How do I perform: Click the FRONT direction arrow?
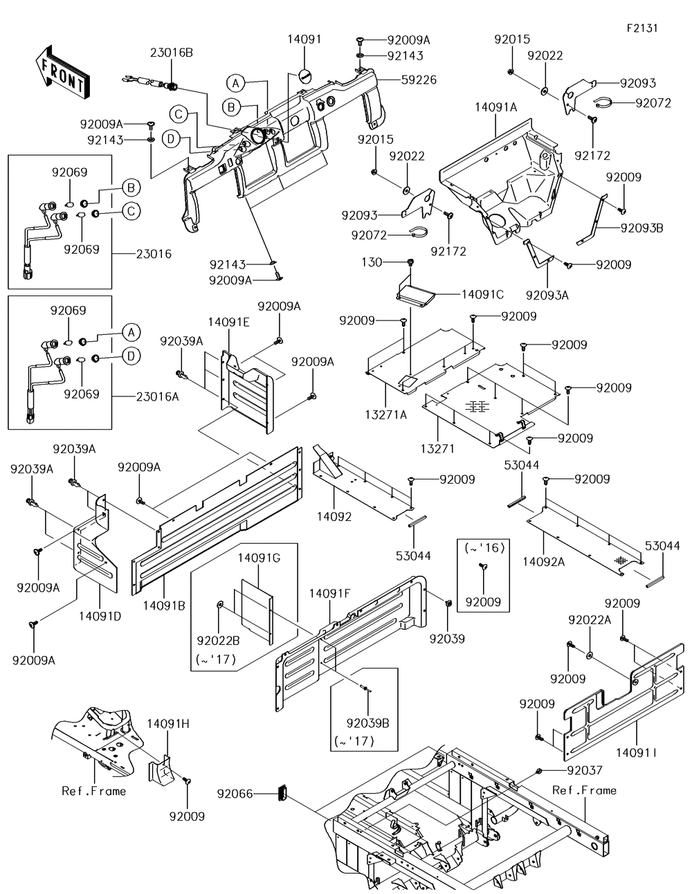tap(62, 73)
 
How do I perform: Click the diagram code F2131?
tap(642, 28)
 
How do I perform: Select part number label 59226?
tap(419, 80)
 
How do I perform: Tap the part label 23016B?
tap(171, 53)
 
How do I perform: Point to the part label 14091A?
tap(495, 107)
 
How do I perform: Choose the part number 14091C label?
tap(482, 295)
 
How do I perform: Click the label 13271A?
tap(386, 414)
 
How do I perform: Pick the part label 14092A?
tap(543, 562)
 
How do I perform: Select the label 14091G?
tap(259, 558)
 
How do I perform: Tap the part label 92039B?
tap(368, 723)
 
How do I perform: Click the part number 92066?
tap(235, 794)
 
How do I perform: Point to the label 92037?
tap(585, 770)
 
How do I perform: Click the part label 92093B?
tap(641, 228)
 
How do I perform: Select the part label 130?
tap(372, 262)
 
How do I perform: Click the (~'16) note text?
tap(484, 548)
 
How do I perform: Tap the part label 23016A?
tap(158, 396)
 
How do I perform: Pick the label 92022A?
tap(590, 620)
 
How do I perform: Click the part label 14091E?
tap(229, 322)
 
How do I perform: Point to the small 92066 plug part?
tap(282, 792)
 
